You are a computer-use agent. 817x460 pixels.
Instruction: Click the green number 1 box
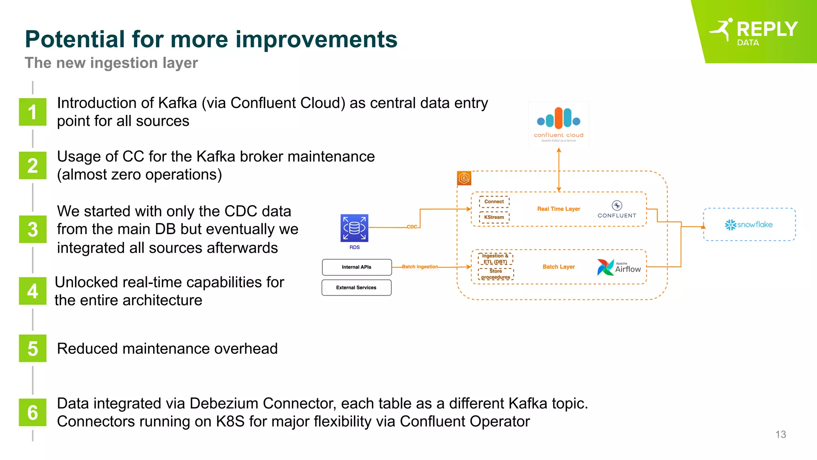click(x=33, y=112)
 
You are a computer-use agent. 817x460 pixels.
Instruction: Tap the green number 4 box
click(x=33, y=291)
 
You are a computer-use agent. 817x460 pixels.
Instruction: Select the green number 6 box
click(x=33, y=412)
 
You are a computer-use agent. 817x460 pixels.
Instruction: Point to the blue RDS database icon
click(x=354, y=228)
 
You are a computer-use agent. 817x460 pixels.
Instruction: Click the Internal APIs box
click(x=357, y=267)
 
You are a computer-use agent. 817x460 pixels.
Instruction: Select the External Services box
click(x=356, y=287)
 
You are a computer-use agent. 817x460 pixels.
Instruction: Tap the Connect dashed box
click(x=494, y=202)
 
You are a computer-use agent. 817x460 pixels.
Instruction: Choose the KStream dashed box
click(x=494, y=217)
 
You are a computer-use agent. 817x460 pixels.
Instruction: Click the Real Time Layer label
click(x=558, y=209)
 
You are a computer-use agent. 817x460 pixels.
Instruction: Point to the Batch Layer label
click(x=558, y=267)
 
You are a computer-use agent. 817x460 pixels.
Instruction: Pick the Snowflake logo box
click(x=749, y=224)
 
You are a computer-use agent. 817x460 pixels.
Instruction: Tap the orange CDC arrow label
click(x=412, y=227)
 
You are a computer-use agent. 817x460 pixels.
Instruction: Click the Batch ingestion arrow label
click(x=420, y=267)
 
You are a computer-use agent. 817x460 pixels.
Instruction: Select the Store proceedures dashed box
click(x=495, y=274)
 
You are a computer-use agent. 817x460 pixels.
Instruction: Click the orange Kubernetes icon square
click(x=464, y=178)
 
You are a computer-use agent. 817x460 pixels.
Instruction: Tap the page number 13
click(x=780, y=434)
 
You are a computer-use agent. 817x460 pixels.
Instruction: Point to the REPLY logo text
click(x=767, y=30)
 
